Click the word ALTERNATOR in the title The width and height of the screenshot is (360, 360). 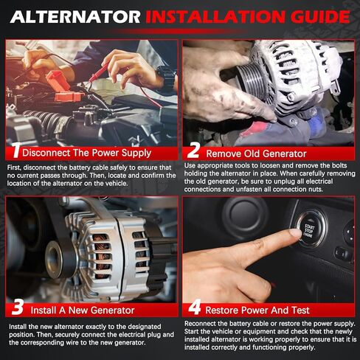[75, 17]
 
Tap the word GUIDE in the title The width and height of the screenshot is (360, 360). [320, 17]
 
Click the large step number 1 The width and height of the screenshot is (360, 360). [16, 150]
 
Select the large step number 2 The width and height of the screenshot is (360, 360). [193, 150]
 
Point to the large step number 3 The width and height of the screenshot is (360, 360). [18, 307]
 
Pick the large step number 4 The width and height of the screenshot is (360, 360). [195, 307]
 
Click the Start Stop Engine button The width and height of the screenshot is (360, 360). [309, 228]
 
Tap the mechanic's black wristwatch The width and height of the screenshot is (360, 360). [167, 77]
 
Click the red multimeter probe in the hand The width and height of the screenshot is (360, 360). [99, 72]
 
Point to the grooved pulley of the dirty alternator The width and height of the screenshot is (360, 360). [248, 79]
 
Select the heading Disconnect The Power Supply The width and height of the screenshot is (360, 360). [86, 153]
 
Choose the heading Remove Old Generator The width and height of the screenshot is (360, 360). [256, 153]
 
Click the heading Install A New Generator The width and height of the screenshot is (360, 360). [83, 310]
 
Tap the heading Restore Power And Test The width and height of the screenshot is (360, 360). [257, 310]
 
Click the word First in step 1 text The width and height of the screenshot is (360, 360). [14, 167]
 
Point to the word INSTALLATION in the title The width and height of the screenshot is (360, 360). [215, 17]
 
